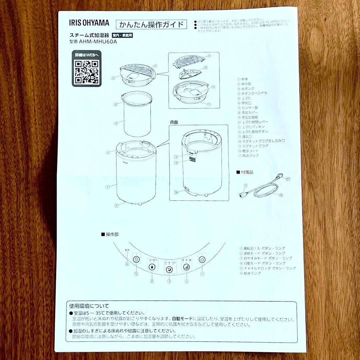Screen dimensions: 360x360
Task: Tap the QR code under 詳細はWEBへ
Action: coord(86,72)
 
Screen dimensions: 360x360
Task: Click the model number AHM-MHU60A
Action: coord(98,42)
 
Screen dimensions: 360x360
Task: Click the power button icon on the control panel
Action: coord(202,259)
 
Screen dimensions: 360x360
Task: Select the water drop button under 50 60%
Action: coord(152,267)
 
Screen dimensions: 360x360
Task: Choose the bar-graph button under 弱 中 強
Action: coord(186,267)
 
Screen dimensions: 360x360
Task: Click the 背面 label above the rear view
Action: coord(174,122)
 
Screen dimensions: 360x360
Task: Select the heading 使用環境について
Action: coord(89,306)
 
